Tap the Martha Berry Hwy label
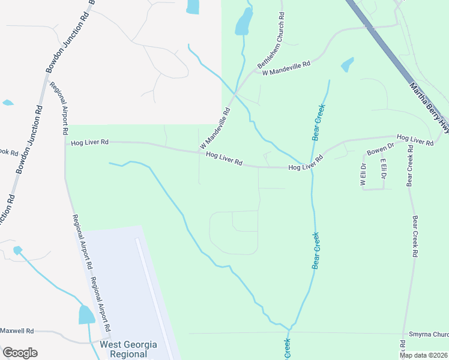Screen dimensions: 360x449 pyautogui.click(x=429, y=107)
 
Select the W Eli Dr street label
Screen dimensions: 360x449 pyautogui.click(x=363, y=174)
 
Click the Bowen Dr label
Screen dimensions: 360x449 pyautogui.click(x=381, y=148)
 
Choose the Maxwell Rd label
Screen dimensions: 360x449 pyautogui.click(x=17, y=331)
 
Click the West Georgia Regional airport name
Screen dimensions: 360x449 pyautogui.click(x=128, y=349)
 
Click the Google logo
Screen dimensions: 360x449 pyautogui.click(x=20, y=353)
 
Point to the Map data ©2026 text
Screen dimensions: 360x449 pyautogui.click(x=423, y=355)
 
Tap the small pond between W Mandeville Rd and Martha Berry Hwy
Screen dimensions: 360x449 pyautogui.click(x=347, y=64)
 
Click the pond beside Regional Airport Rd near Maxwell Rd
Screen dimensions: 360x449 pyautogui.click(x=86, y=314)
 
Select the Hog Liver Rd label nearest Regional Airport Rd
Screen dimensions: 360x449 pyautogui.click(x=89, y=142)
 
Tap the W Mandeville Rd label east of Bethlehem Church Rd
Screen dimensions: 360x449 pyautogui.click(x=286, y=68)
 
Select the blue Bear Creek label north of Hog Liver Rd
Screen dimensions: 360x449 pyautogui.click(x=319, y=122)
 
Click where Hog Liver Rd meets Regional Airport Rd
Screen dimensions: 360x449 pyautogui.click(x=65, y=142)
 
